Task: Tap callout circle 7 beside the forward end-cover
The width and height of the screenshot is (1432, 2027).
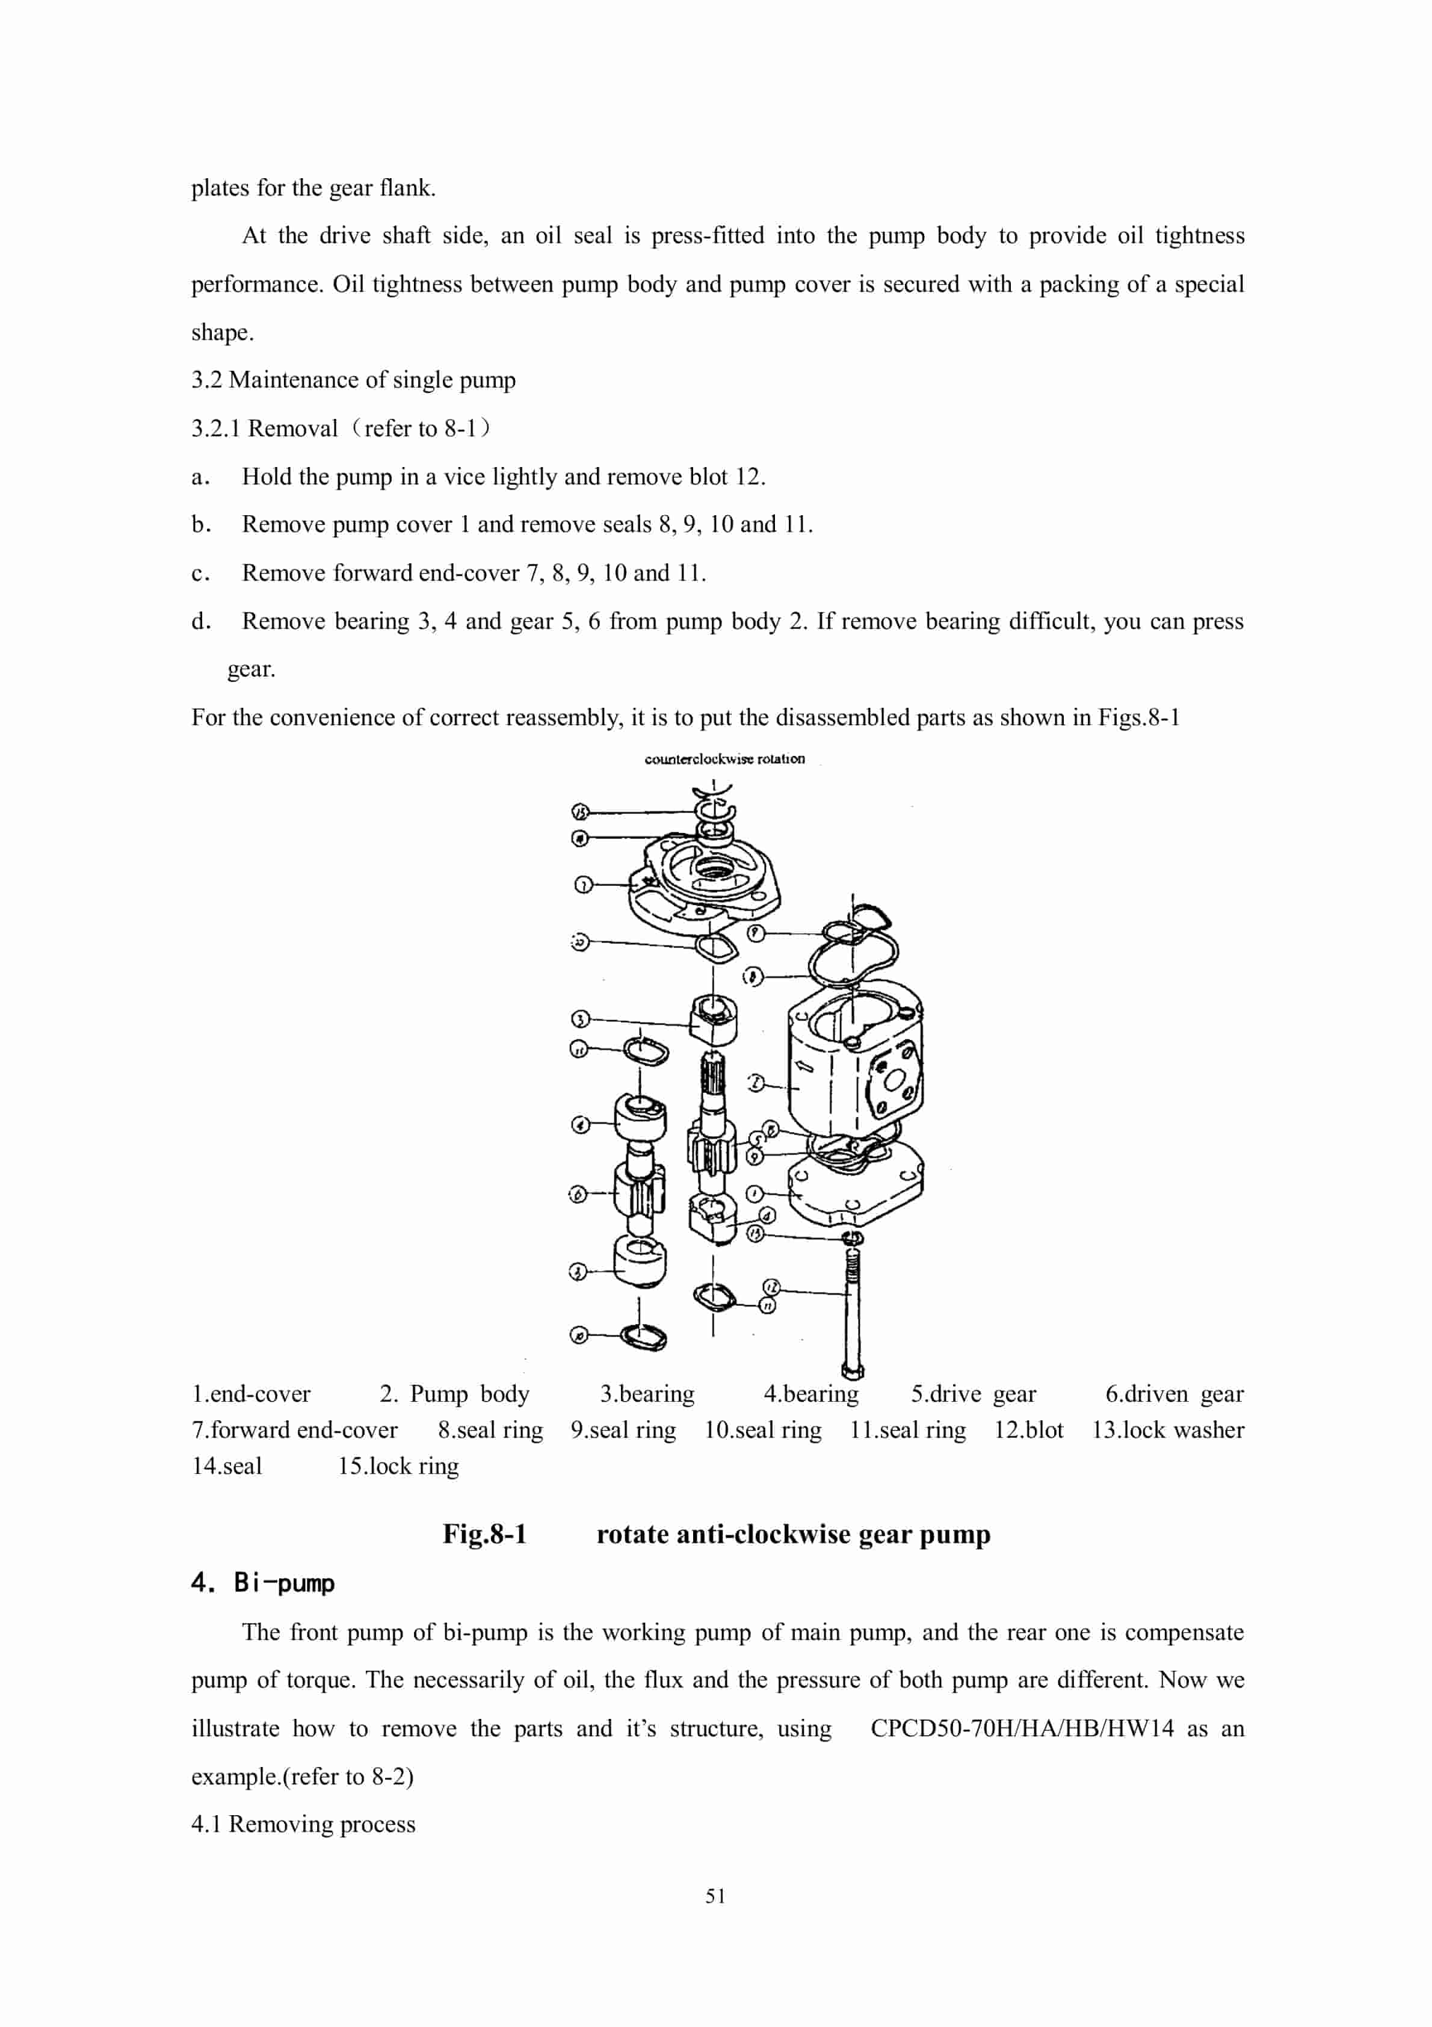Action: pos(582,885)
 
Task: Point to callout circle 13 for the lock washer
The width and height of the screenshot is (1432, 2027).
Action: pos(756,1233)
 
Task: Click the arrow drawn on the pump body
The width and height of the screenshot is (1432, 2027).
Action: pos(805,1066)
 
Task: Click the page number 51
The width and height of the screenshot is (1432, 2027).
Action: pos(716,1895)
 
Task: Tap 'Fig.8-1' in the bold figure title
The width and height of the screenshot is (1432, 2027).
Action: pos(485,1534)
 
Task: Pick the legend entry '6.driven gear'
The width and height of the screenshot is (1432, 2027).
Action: pos(1174,1394)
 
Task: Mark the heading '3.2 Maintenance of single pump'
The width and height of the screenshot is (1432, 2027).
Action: pos(353,380)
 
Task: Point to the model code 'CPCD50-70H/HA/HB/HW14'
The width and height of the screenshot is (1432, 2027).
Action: pos(1022,1728)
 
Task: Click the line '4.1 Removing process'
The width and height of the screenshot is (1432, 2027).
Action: pos(303,1824)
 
